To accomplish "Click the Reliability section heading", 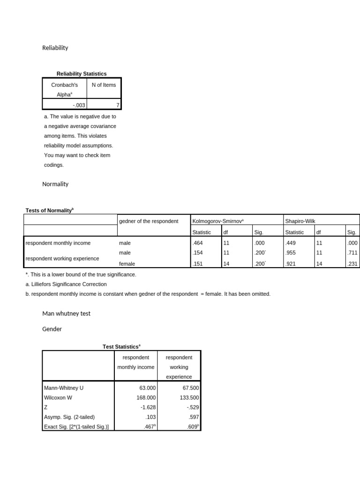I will point(55,48).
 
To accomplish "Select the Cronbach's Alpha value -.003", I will point(78,105).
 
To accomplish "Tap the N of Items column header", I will point(104,85).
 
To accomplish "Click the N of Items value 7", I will point(117,105).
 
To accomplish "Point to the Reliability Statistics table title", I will point(82,74).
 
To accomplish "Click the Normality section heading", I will point(55,184).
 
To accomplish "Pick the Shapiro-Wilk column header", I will point(300,221).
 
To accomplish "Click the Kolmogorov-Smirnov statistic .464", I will point(200,243).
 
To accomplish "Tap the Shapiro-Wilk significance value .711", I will point(352,253).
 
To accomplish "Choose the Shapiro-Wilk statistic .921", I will point(292,264).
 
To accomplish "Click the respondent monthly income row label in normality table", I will point(58,243).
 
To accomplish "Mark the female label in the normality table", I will point(127,264).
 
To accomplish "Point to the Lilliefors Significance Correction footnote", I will point(66,284).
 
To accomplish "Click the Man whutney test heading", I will point(66,314).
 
